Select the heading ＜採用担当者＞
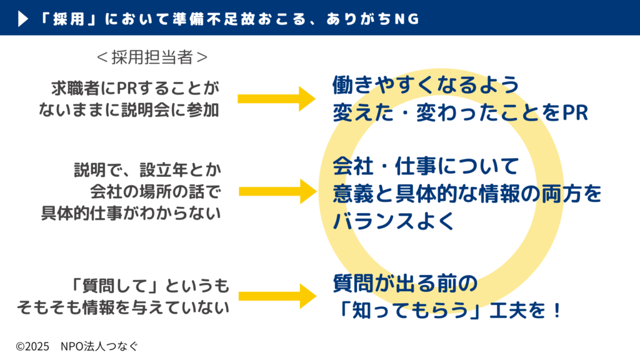152,57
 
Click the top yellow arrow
276,98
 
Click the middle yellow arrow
276,191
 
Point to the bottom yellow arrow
276,296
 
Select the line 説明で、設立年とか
148,169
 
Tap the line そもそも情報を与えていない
122,308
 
